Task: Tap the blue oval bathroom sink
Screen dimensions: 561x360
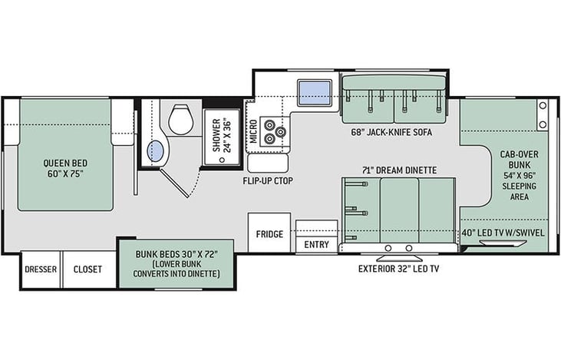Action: point(156,151)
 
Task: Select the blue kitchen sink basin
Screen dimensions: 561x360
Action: point(315,93)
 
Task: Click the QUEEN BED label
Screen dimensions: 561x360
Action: point(65,163)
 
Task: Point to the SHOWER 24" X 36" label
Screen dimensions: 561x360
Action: point(222,135)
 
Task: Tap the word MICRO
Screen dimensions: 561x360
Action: point(253,131)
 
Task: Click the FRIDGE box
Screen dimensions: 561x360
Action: point(269,233)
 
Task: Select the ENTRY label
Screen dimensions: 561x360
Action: point(317,245)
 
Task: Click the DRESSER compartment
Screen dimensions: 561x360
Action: point(41,269)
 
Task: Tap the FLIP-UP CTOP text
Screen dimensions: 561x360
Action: point(268,181)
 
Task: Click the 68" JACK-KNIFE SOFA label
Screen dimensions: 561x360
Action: point(391,132)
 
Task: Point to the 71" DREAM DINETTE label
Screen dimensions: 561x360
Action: point(399,170)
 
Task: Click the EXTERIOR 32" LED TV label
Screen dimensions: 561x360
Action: point(398,269)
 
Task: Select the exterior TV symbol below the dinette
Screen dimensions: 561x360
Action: point(399,259)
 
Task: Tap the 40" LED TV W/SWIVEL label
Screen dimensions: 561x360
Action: point(503,233)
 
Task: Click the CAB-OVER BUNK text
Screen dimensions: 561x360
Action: point(519,160)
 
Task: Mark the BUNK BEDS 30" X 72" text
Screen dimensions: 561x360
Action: point(177,254)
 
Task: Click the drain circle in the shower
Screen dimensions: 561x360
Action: point(222,160)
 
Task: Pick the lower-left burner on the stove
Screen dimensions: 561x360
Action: point(269,137)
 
